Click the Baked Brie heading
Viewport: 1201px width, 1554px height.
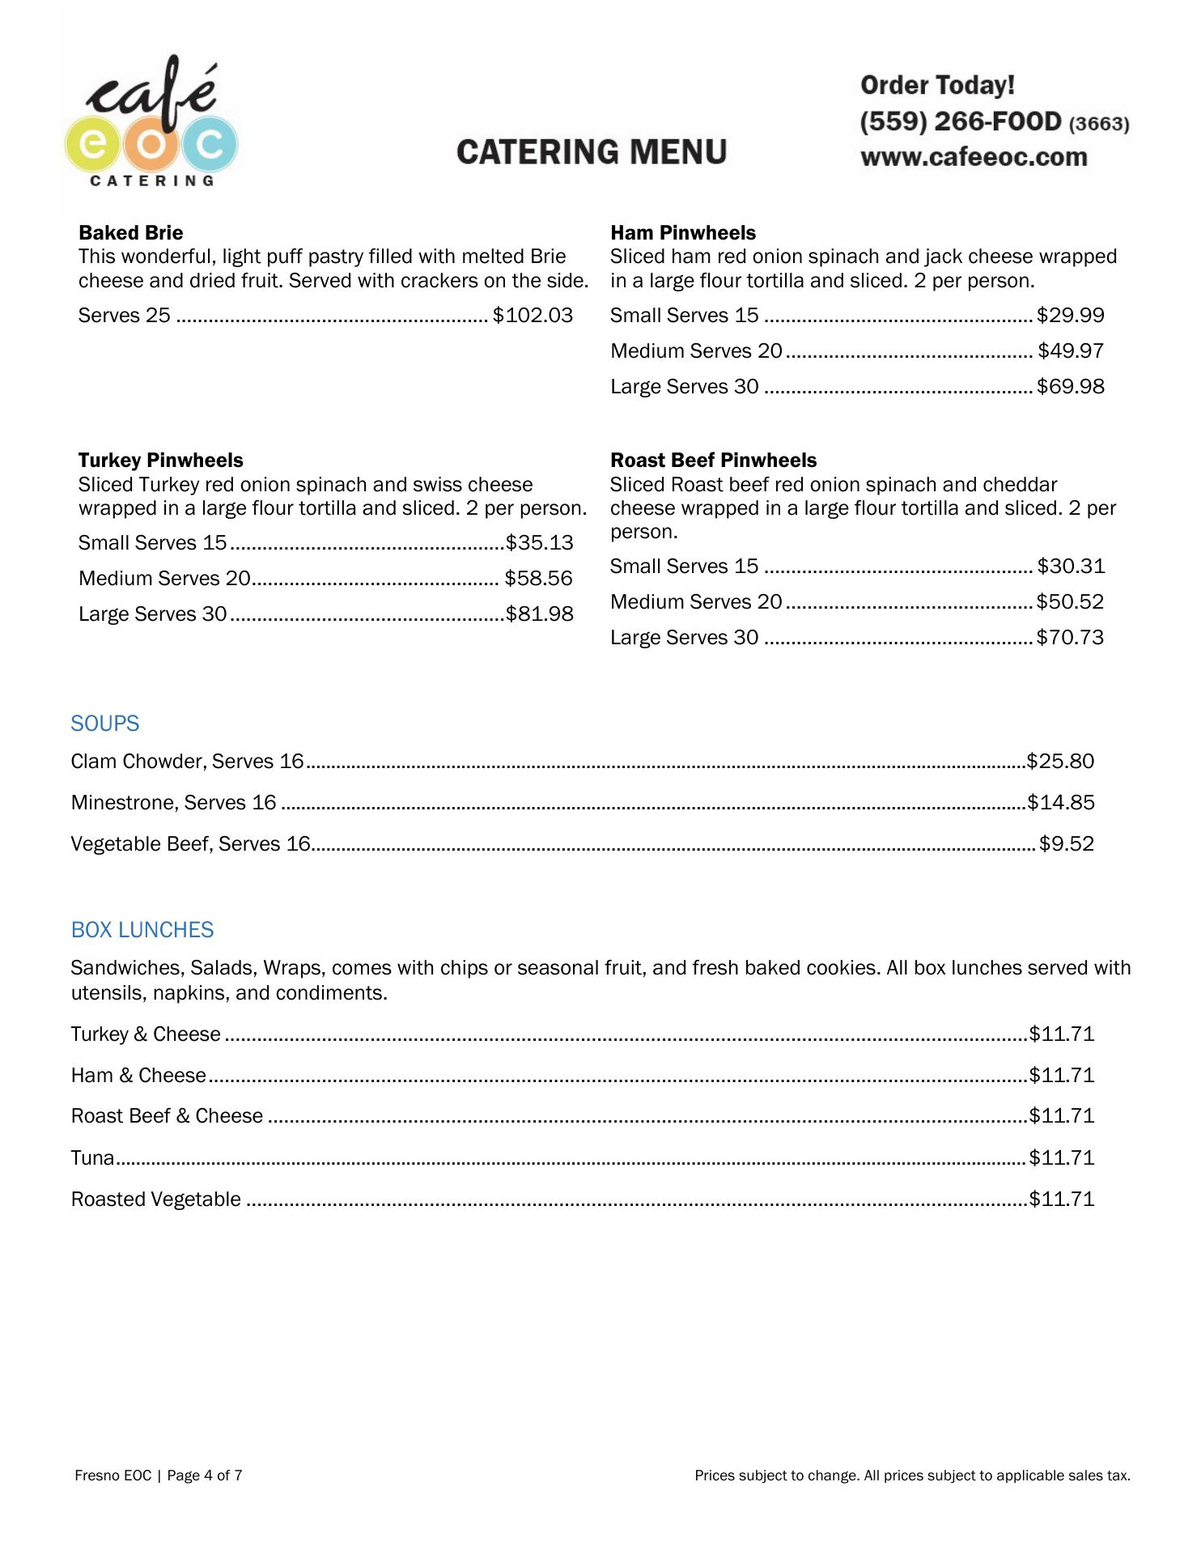(x=130, y=233)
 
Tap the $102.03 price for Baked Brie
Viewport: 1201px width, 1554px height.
(x=533, y=315)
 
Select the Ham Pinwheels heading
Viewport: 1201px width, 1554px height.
(x=682, y=233)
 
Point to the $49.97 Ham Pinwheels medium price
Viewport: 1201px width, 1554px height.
(x=1071, y=350)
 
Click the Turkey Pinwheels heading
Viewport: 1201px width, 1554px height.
(x=160, y=461)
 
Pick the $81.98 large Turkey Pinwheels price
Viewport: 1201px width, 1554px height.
(x=540, y=614)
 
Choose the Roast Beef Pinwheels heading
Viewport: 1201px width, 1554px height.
(x=713, y=461)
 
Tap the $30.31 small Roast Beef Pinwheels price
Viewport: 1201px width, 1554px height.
(x=1071, y=566)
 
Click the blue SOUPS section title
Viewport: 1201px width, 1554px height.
(x=105, y=724)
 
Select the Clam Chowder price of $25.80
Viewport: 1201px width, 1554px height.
(x=1060, y=762)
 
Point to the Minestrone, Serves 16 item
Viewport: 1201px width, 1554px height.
(x=173, y=803)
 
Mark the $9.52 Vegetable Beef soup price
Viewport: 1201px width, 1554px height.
(x=1066, y=844)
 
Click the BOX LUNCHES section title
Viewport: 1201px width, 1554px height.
(x=142, y=930)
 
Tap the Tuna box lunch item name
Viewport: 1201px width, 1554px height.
(x=92, y=1158)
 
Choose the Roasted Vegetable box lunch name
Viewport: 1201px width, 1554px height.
(x=155, y=1199)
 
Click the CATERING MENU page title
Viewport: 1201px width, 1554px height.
(x=592, y=152)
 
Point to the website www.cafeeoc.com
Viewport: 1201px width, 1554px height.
(x=974, y=157)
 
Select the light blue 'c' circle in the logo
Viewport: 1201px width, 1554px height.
(x=210, y=144)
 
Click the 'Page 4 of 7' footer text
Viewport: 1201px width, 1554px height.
(x=205, y=1475)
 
